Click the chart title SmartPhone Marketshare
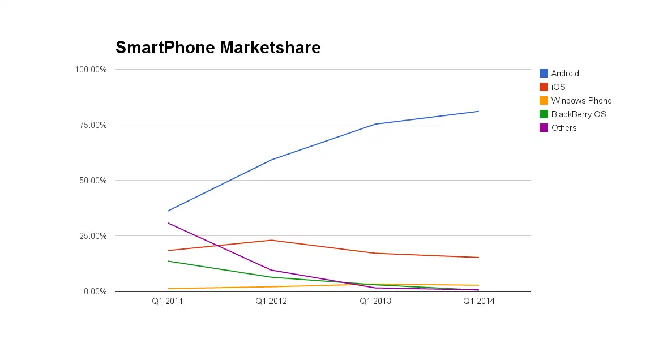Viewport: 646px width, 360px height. click(218, 48)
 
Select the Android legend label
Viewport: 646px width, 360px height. click(565, 74)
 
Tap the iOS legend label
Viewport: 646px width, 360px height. click(558, 87)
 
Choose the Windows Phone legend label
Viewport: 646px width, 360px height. click(581, 101)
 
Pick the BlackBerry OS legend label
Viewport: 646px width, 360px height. click(579, 114)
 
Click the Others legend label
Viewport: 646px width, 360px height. click(564, 128)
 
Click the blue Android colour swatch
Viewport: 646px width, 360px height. click(544, 74)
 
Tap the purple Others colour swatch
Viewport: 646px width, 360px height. click(544, 128)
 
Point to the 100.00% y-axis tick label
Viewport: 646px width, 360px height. click(91, 70)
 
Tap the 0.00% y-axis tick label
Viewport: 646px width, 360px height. click(95, 292)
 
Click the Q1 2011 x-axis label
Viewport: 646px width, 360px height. click(168, 301)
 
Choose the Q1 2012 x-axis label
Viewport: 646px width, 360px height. click(271, 301)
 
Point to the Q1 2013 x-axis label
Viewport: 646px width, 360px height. click(375, 301)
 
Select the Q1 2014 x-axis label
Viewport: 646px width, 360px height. click(479, 301)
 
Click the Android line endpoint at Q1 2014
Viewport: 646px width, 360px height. click(479, 111)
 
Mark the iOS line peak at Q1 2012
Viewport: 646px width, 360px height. click(271, 240)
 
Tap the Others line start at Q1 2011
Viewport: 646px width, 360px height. click(168, 223)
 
